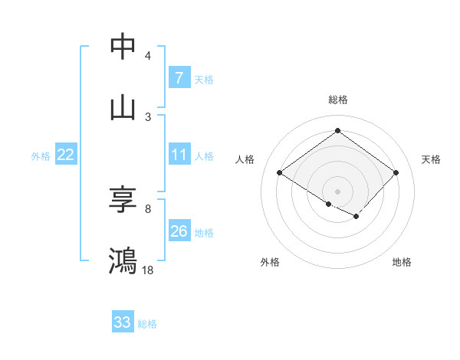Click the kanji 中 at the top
click(123, 47)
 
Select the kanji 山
click(123, 108)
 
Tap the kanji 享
click(123, 201)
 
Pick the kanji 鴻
click(123, 261)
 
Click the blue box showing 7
click(179, 78)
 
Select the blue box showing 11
click(179, 155)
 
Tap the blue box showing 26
click(179, 231)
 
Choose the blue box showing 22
click(66, 155)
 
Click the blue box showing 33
click(123, 322)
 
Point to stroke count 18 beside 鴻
click(148, 270)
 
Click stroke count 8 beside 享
click(148, 208)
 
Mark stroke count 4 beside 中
click(148, 56)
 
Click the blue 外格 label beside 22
click(41, 156)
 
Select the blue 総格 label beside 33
click(147, 324)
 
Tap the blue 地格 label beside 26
click(204, 233)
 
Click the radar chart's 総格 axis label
click(337, 100)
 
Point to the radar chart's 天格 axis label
click(432, 159)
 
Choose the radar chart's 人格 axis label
click(245, 159)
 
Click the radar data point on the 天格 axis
click(396, 173)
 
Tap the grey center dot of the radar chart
click(337, 191)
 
